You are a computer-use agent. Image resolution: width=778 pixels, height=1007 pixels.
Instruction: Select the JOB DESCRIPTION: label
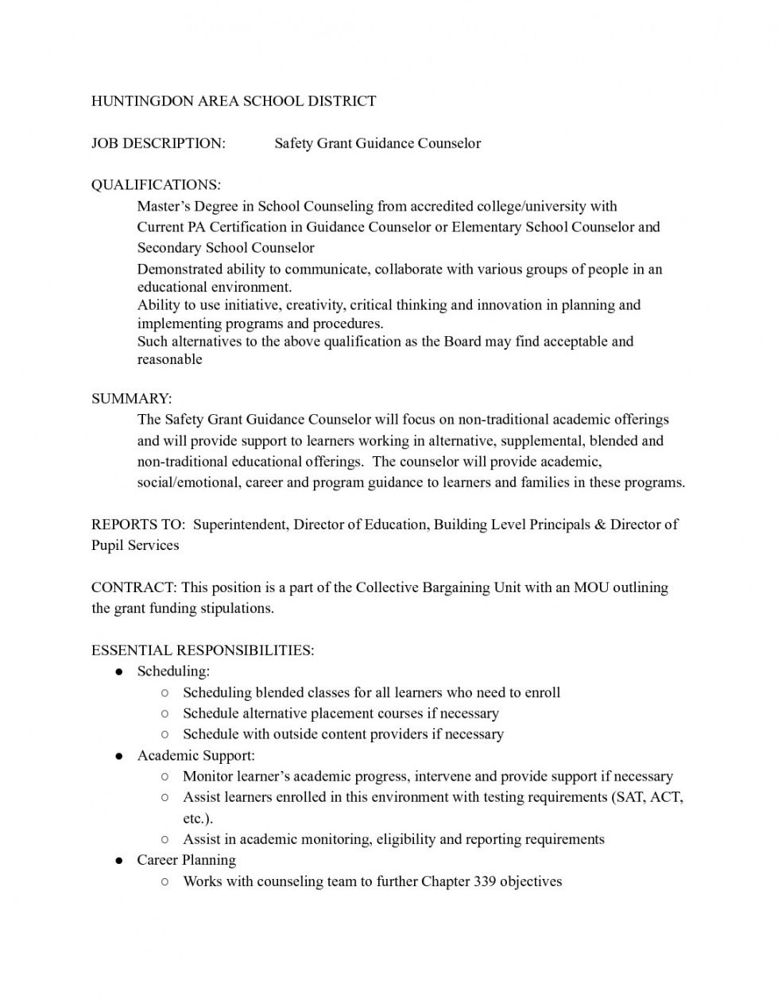tap(158, 143)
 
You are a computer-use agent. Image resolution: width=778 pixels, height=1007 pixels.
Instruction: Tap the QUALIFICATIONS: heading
tap(156, 185)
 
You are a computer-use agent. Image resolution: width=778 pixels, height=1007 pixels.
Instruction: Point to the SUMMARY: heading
tap(131, 398)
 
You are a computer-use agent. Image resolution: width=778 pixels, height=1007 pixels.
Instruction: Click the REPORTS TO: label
tap(138, 525)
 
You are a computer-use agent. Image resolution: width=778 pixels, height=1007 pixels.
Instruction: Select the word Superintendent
tap(241, 525)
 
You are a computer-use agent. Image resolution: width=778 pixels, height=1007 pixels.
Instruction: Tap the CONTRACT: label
tap(134, 587)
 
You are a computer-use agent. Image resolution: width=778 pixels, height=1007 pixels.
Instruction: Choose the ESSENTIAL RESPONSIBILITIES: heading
tap(203, 650)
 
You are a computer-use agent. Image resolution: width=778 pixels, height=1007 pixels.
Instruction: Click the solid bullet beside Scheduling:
tap(118, 672)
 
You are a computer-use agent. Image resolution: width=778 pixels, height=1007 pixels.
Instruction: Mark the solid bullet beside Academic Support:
tap(118, 756)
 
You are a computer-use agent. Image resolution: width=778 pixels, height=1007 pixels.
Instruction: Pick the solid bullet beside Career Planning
tap(118, 861)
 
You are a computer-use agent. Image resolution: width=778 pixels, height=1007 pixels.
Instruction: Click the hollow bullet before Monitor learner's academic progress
tap(164, 777)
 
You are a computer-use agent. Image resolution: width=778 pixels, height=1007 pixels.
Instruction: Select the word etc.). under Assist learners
tap(198, 819)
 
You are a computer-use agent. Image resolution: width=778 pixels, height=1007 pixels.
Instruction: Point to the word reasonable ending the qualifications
tap(169, 359)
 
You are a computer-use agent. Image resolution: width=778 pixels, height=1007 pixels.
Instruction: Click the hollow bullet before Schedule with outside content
tap(164, 734)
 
